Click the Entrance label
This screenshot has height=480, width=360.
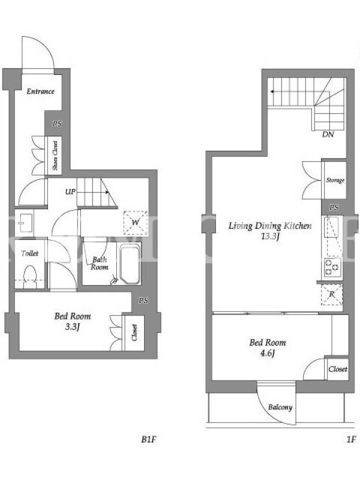40,91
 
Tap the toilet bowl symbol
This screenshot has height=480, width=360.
30,273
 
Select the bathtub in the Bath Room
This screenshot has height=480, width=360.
130,264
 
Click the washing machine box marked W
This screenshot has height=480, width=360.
136,223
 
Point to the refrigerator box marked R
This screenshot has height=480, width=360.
332,295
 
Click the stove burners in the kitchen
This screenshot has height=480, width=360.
332,267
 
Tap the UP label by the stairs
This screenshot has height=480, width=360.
70,192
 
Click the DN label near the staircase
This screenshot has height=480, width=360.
328,134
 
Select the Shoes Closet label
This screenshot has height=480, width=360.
55,155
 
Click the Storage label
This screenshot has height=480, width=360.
335,181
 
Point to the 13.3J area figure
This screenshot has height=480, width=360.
270,236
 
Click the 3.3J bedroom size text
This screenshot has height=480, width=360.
73,327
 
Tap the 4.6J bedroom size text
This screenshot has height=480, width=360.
268,353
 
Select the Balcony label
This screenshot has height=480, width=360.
280,407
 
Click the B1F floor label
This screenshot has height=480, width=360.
149,440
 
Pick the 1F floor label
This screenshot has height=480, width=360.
351,440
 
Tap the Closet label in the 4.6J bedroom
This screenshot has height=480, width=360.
338,369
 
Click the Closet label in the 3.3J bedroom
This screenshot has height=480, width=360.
134,333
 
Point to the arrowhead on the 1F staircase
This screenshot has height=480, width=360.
272,91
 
